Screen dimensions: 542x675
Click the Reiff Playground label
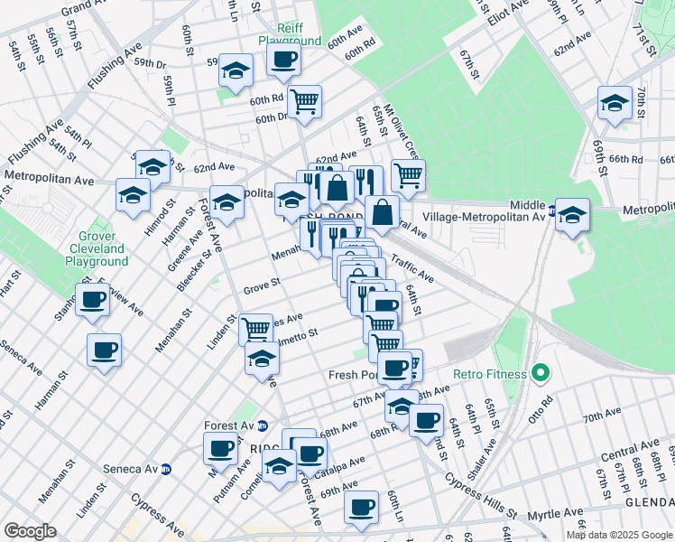point(289,33)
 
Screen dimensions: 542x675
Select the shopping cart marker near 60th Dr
point(305,100)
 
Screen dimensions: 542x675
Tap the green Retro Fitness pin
point(541,371)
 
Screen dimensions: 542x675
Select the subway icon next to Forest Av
point(263,425)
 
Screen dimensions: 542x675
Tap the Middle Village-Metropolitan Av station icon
point(551,216)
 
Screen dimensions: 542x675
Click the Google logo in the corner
point(30,531)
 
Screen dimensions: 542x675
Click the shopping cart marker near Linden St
point(255,328)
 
